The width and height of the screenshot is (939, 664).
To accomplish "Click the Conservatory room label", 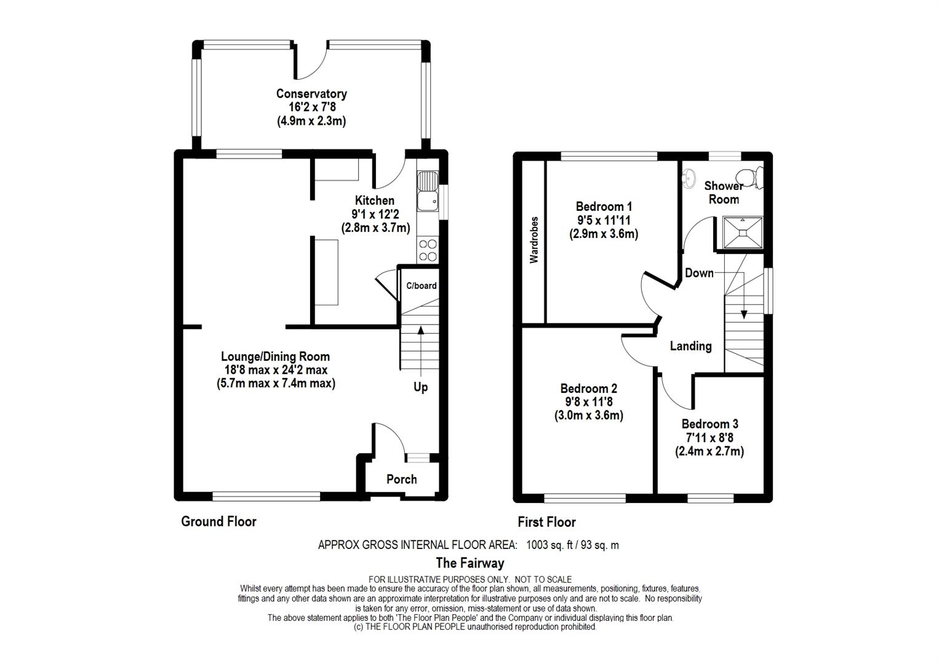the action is click(311, 93).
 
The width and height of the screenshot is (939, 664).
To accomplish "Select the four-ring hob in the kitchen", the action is click(428, 250).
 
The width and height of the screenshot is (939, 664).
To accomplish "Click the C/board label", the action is click(422, 286).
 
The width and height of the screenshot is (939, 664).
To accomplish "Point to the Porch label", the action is click(402, 480).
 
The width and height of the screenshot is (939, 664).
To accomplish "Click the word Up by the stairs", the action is click(420, 387).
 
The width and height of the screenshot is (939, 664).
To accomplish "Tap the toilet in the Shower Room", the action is click(753, 178).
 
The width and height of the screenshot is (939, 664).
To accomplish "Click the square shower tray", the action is click(743, 232).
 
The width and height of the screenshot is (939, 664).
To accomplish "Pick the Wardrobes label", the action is click(533, 240).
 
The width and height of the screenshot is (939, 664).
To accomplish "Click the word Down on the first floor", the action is click(699, 273).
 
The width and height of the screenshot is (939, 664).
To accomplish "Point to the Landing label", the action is click(690, 346).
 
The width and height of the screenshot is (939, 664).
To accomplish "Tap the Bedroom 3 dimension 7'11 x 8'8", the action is click(709, 438).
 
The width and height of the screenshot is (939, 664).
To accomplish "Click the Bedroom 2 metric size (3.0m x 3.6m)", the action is click(588, 416).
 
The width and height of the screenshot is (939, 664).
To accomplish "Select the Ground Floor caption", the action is click(218, 521).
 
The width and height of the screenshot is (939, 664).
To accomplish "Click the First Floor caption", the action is click(546, 522).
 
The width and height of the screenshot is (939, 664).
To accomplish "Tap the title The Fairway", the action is click(470, 563).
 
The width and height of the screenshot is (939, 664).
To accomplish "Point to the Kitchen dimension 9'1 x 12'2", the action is click(375, 214).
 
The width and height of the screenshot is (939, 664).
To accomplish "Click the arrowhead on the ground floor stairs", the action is click(420, 331).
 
